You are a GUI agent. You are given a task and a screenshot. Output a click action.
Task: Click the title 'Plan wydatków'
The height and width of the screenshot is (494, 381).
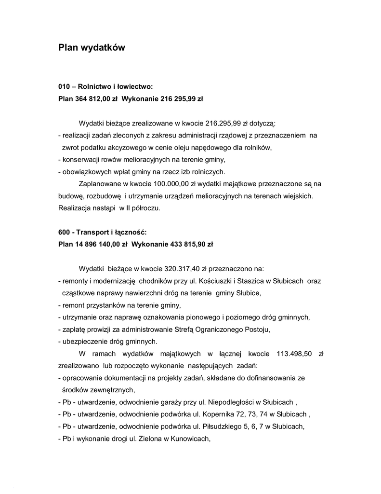pyautogui.click(x=92, y=48)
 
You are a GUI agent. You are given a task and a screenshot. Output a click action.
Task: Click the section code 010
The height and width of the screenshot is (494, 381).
pyautogui.click(x=64, y=86)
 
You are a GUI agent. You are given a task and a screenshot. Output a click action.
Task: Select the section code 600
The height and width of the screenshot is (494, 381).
pyautogui.click(x=64, y=232)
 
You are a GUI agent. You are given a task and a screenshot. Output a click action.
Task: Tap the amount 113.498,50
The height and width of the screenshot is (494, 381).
pyautogui.click(x=294, y=354)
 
